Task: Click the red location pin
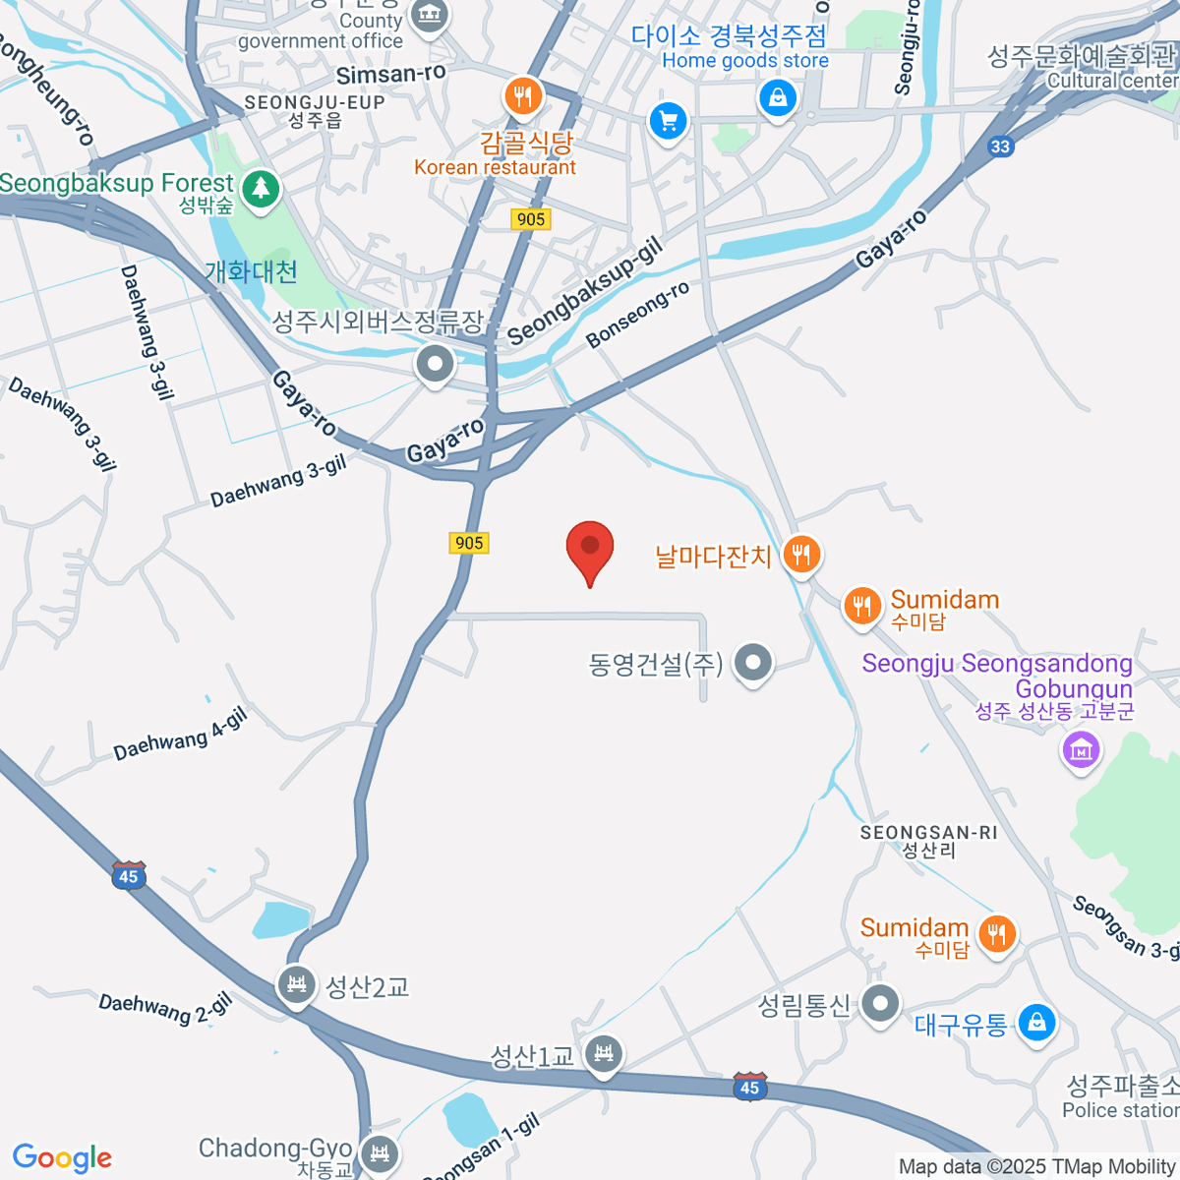[590, 549]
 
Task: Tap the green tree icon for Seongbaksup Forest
[261, 187]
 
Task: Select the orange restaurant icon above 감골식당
[523, 96]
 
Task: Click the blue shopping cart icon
[668, 122]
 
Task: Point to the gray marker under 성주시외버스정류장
[435, 365]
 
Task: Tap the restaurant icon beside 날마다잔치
[802, 555]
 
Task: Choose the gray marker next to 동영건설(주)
[753, 663]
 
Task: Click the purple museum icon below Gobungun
[1082, 751]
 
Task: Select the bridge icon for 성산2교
[296, 984]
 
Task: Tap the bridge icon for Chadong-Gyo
[379, 1151]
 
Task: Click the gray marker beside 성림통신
[880, 1005]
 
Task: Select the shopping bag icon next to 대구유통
[1036, 1023]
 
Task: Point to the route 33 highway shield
[1000, 147]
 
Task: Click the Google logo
[62, 1157]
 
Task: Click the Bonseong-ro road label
[637, 315]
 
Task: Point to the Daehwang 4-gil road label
[180, 734]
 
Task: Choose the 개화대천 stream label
[251, 271]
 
